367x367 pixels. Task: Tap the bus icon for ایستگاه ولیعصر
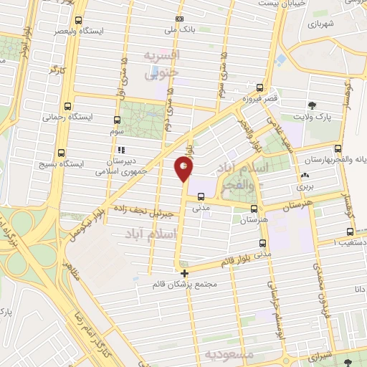[x=78, y=21]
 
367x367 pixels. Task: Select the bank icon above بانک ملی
[x=179, y=19]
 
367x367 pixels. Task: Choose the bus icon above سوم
[x=118, y=120]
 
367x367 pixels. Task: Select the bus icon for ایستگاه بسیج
[x=60, y=152]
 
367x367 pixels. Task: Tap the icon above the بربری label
[x=305, y=175]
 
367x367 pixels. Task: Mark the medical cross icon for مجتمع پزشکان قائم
[x=185, y=273]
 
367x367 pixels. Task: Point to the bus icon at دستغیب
[x=349, y=232]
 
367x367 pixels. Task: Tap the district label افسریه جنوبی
[x=162, y=64]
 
